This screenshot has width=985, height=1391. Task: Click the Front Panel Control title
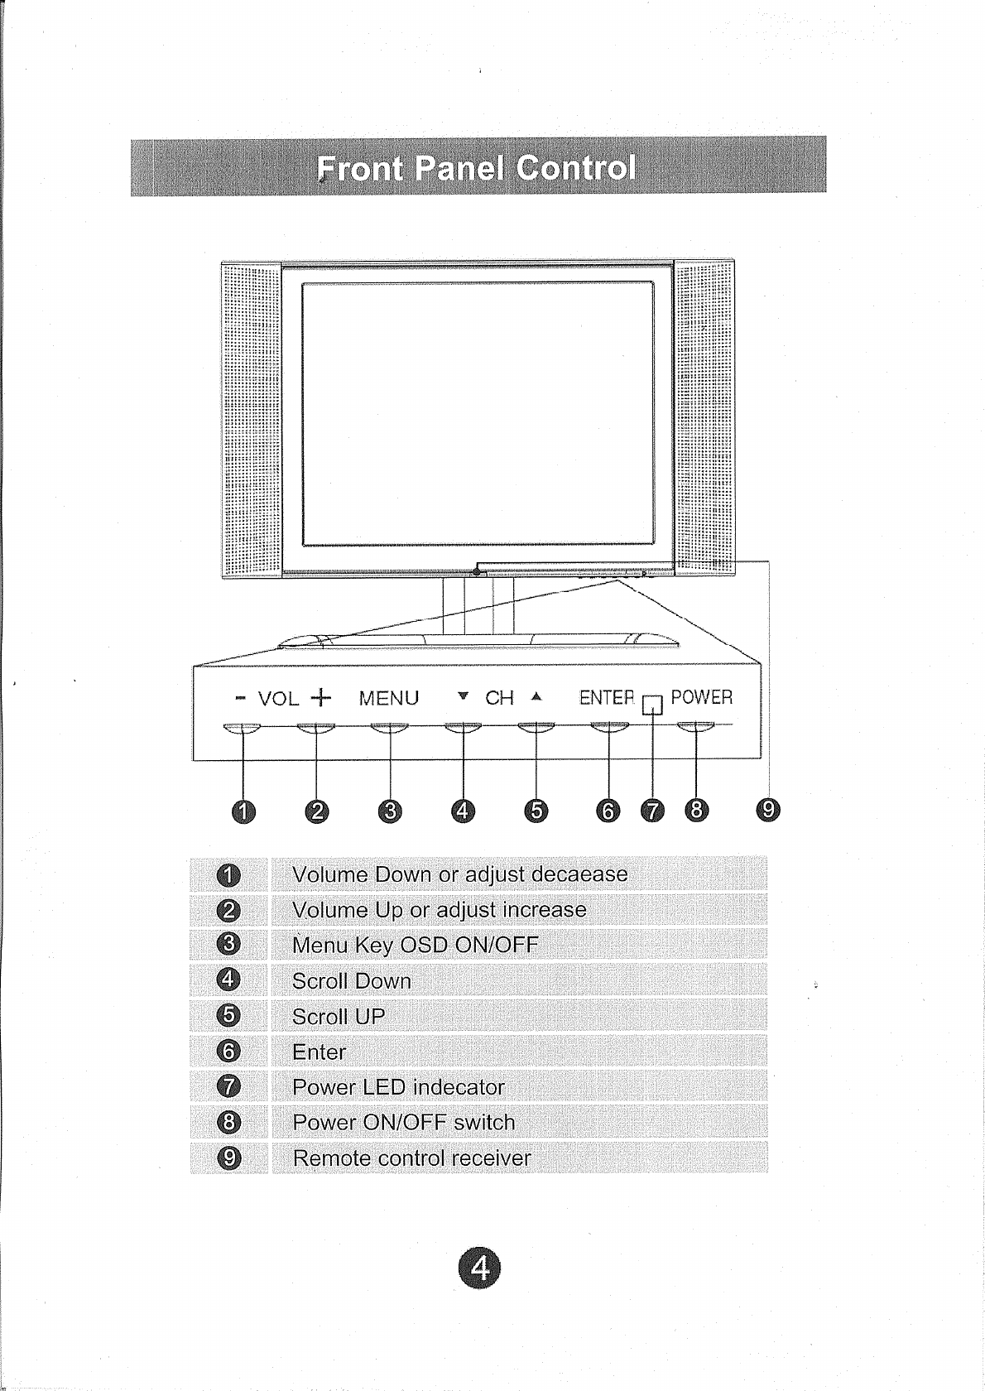coord(477,168)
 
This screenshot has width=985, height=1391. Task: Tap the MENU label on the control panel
coord(388,698)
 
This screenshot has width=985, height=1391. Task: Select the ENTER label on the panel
coord(606,697)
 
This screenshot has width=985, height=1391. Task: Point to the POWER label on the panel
coord(701,697)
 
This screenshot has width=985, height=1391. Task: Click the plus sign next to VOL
coord(320,697)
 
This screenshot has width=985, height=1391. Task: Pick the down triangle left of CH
coord(464,696)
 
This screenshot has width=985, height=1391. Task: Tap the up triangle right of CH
coord(536,696)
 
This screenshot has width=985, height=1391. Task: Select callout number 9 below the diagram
coord(769,810)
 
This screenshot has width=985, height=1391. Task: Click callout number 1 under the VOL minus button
coord(243,811)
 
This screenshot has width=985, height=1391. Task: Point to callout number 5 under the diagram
coord(536,811)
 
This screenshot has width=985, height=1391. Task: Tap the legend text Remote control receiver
coord(411,1158)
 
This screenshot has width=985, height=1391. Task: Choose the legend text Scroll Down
coord(351,981)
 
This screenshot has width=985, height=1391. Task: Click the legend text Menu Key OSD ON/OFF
coord(415,945)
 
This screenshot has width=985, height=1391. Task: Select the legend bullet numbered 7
coord(229,1086)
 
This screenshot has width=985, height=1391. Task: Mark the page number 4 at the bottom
coord(479,1269)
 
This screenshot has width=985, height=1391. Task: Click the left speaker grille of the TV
coord(251,419)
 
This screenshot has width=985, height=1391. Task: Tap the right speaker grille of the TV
coord(704,419)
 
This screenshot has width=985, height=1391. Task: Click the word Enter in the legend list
coord(319,1052)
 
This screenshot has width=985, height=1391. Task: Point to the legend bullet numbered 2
coord(229,910)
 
